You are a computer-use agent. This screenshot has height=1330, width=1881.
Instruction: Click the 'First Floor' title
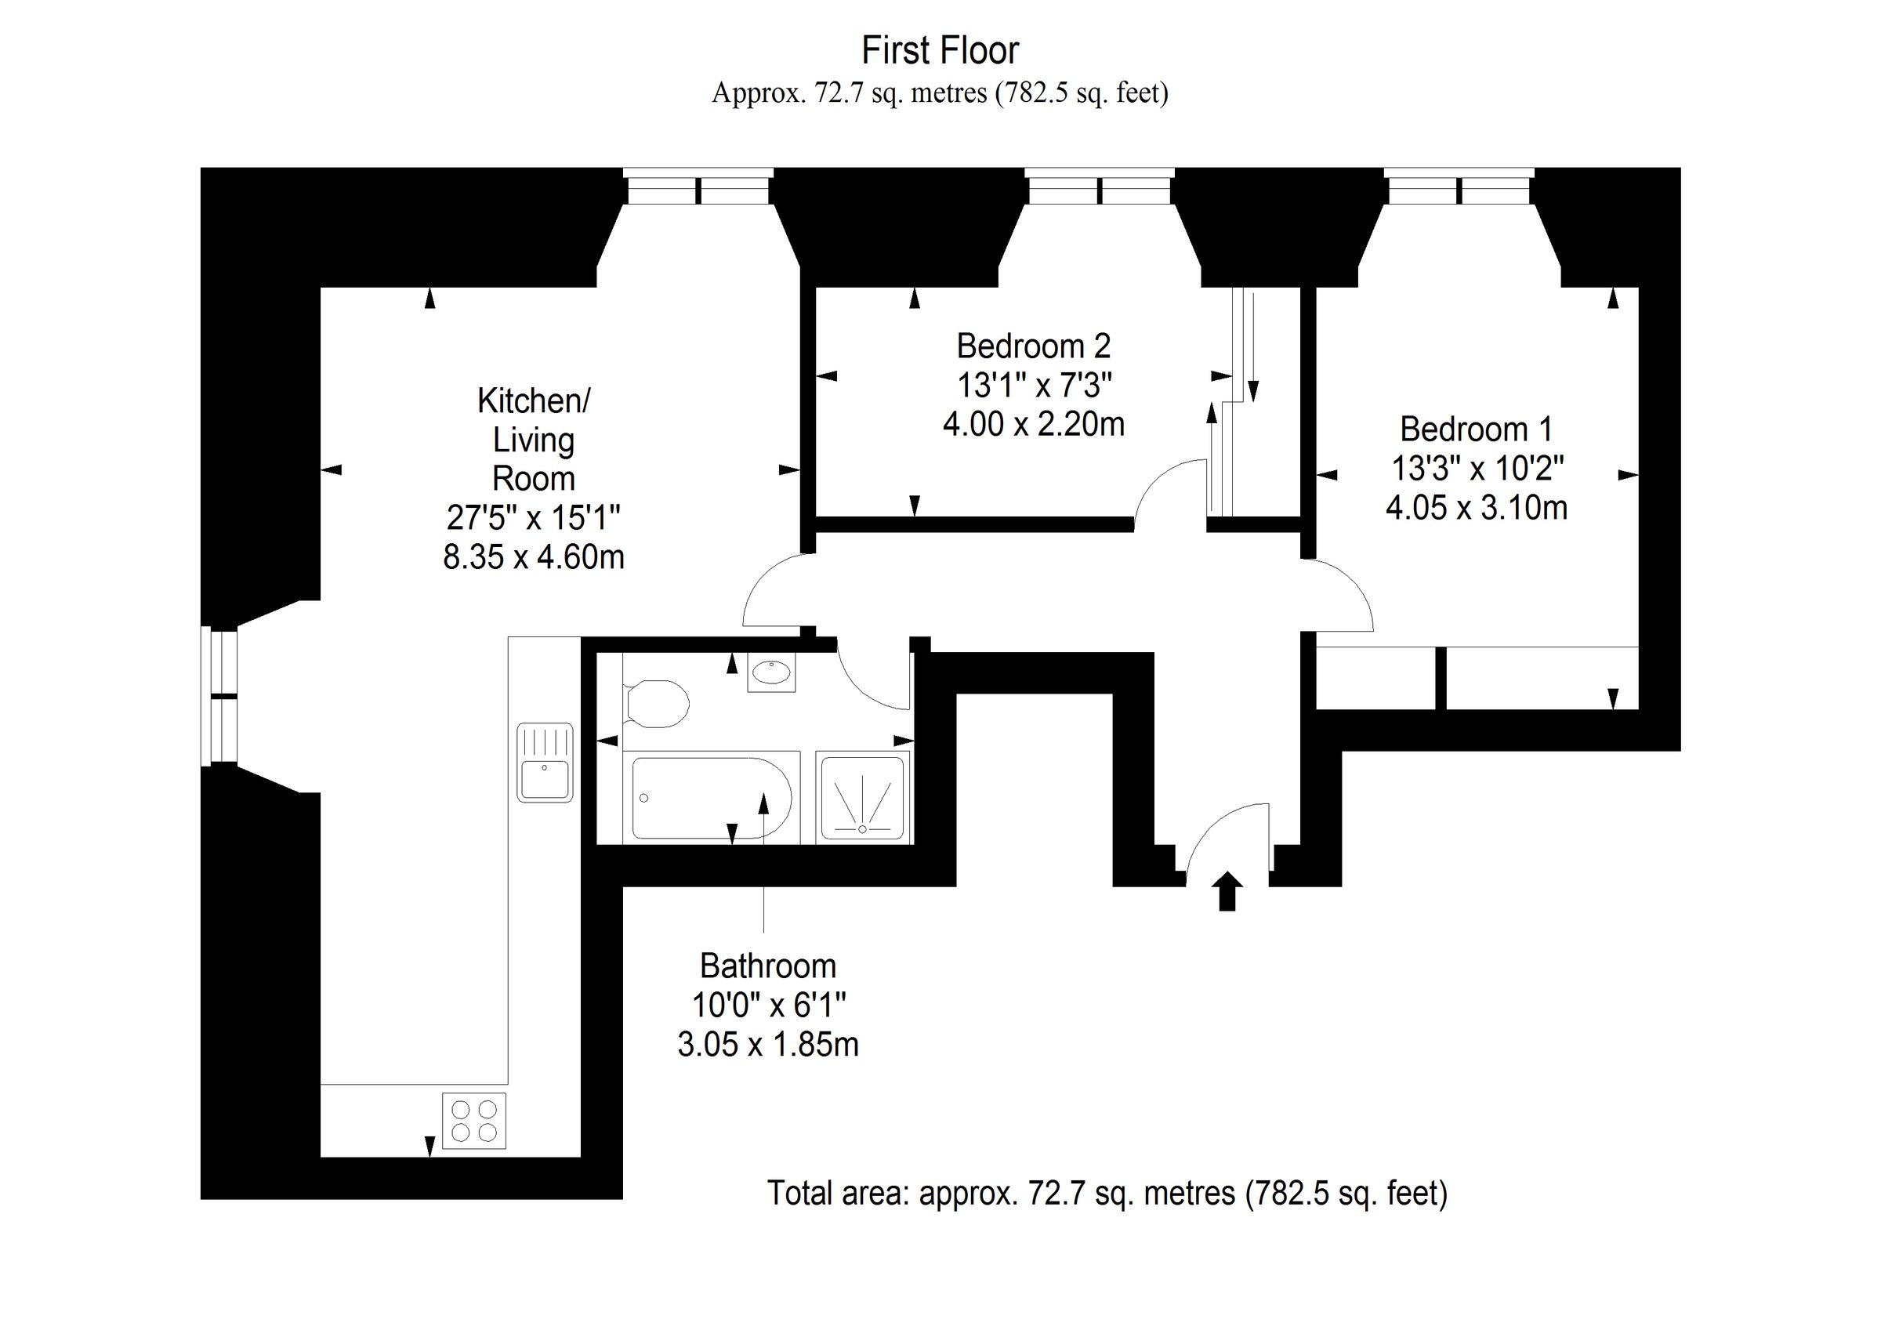tap(940, 51)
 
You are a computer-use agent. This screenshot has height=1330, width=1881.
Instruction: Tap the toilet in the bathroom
tap(655, 702)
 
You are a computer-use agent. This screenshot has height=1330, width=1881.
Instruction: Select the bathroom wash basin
tap(771, 673)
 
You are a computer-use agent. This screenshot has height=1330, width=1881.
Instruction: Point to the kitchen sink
tap(545, 763)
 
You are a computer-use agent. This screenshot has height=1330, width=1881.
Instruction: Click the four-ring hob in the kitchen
tap(474, 1120)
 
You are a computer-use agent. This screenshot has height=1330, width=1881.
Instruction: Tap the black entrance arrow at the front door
tap(1227, 892)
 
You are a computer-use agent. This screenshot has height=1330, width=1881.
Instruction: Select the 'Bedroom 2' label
tap(1033, 346)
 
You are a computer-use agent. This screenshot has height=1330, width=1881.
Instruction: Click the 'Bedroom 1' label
tap(1477, 429)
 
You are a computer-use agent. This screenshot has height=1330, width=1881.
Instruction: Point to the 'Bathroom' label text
tap(767, 966)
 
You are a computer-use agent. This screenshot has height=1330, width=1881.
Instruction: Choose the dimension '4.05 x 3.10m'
tap(1477, 508)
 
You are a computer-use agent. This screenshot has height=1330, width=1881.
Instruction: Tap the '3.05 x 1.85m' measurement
tap(767, 1045)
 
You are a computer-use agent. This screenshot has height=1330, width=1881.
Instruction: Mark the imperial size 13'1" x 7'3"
tap(1033, 384)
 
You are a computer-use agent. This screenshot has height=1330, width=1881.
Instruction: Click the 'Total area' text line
tap(1107, 1193)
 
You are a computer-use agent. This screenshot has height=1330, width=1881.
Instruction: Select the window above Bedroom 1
tap(1459, 186)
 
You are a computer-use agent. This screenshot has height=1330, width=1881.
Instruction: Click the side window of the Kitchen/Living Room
tap(219, 697)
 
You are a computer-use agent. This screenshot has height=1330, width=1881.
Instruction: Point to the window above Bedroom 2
tap(1100, 186)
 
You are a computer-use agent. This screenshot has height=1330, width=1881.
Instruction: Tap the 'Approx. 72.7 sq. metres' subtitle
tap(940, 92)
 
